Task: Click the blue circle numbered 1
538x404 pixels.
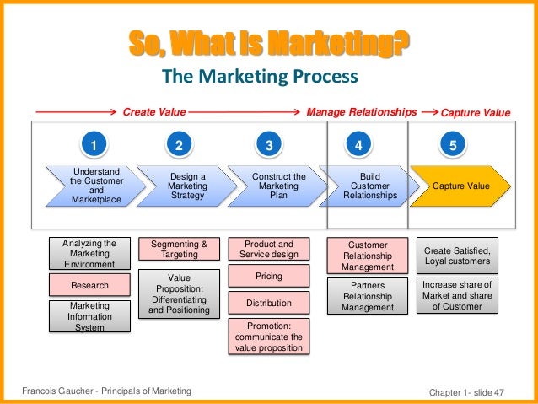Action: tap(94, 145)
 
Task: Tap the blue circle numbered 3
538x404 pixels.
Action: tap(269, 145)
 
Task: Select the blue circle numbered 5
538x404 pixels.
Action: tap(454, 145)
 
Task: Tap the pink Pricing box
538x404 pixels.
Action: tap(269, 276)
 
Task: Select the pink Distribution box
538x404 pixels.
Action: tap(269, 303)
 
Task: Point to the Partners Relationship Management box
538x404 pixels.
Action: tap(368, 296)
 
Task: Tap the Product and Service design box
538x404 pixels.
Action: tap(269, 249)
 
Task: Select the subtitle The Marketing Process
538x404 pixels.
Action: tap(261, 78)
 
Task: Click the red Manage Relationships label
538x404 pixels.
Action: tap(361, 110)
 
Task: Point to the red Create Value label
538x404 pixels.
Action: tap(154, 110)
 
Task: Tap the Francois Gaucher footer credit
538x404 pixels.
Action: tap(105, 390)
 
